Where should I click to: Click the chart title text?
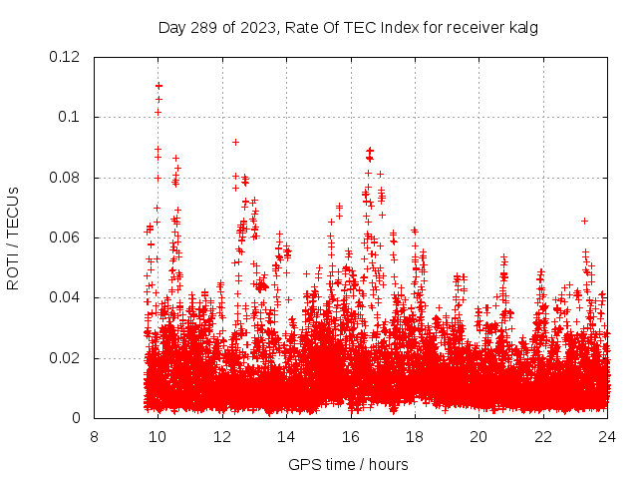[x=348, y=27]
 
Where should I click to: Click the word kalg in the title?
[x=521, y=27]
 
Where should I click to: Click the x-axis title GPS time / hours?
[x=348, y=464]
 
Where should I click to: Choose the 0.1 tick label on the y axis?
[x=73, y=118]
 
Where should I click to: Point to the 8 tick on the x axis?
[x=94, y=436]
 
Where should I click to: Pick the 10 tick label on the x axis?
[x=158, y=436]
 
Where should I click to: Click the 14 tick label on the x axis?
[x=286, y=436]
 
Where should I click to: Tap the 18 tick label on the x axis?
[x=415, y=436]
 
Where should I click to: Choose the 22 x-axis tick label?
[x=543, y=436]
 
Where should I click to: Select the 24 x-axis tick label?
[x=607, y=436]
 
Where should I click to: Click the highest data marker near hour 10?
[x=159, y=86]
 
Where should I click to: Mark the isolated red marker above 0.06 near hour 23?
[x=584, y=221]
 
